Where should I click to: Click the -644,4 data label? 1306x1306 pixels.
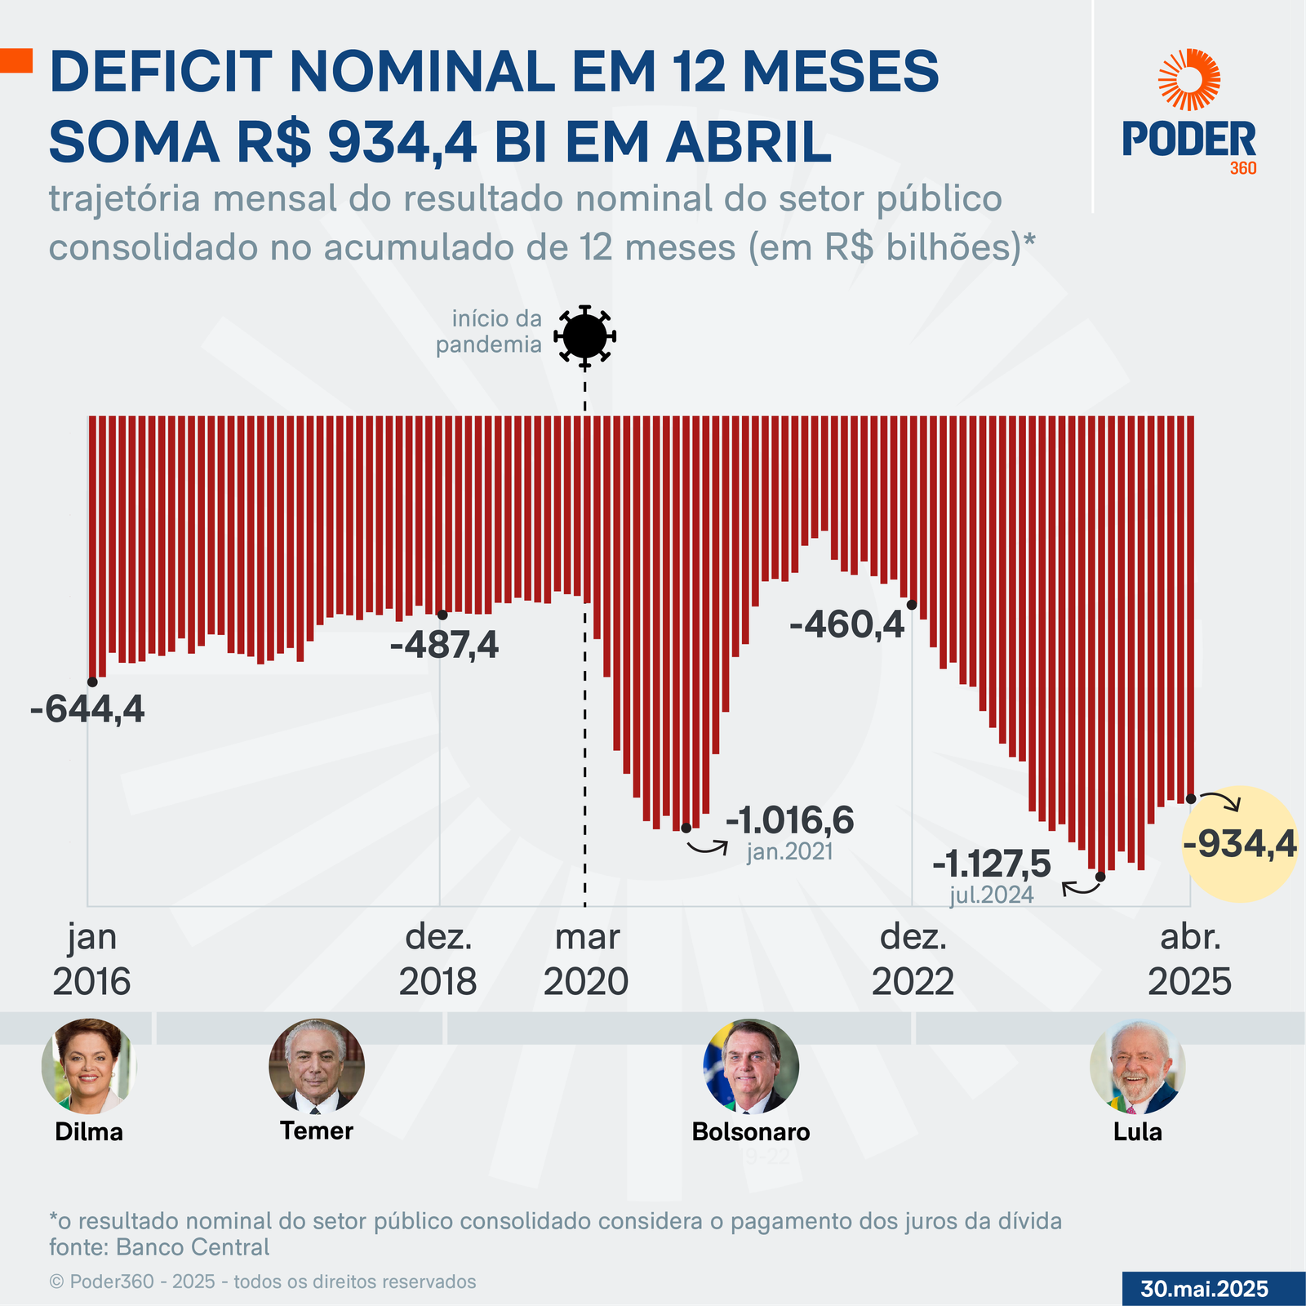(87, 709)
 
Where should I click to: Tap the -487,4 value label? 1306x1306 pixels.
(444, 646)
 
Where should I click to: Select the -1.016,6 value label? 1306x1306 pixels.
(789, 820)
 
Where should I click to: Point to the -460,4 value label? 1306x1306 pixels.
(847, 625)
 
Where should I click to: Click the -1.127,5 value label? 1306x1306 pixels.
(992, 864)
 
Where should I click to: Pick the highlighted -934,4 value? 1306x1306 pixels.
(1239, 844)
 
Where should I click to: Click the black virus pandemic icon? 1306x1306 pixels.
(584, 335)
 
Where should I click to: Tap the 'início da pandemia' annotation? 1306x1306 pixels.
(489, 331)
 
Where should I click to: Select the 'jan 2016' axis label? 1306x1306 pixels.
(91, 959)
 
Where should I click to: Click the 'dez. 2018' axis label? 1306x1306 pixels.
(438, 959)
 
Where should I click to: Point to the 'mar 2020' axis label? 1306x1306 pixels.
(586, 959)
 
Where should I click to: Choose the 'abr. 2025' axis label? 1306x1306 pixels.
(1189, 959)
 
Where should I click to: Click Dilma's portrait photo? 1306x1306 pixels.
(88, 1066)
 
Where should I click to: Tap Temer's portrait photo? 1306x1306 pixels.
(317, 1065)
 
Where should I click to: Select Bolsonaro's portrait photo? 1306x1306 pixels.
(751, 1065)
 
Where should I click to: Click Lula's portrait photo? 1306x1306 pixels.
(1137, 1066)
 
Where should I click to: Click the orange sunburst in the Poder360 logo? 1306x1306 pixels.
(1189, 79)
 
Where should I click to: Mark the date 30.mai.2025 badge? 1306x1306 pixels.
(1204, 1289)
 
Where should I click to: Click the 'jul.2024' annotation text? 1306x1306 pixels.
(992, 895)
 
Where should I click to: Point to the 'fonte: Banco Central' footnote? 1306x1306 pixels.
(159, 1246)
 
